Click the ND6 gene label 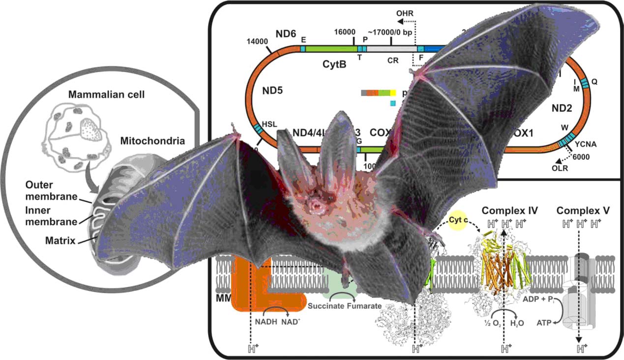pos(286,34)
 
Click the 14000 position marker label pos(258,42)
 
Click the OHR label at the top pos(406,13)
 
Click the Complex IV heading pos(509,211)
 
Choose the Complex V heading pos(583,211)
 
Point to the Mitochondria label pos(153,142)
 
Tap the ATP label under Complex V pos(544,322)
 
